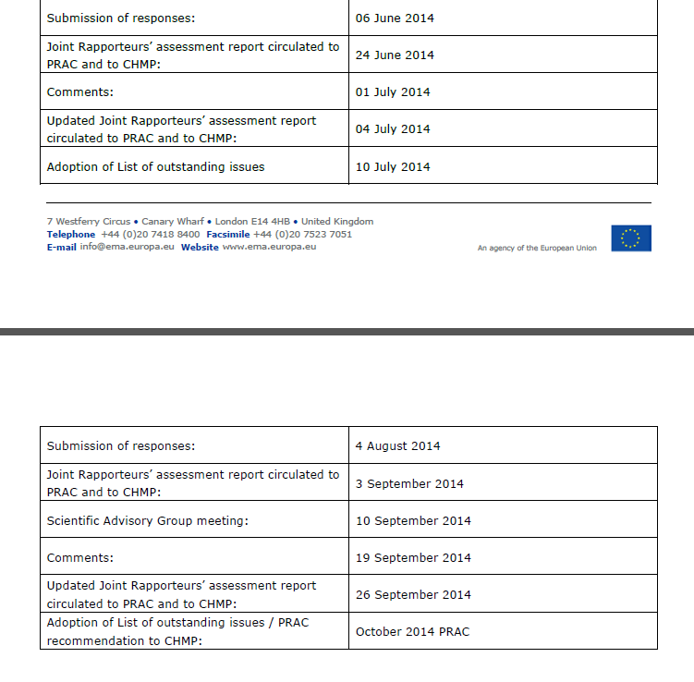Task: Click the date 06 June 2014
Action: (x=395, y=18)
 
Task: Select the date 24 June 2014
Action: (x=395, y=55)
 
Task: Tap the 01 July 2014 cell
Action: (x=393, y=92)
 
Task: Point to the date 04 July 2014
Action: (x=393, y=129)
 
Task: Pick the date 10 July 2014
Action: (x=393, y=167)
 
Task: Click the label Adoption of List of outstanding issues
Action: (x=155, y=167)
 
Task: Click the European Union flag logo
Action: (x=631, y=238)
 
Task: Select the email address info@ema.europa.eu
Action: (x=127, y=247)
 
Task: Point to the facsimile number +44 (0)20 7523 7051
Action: (x=302, y=235)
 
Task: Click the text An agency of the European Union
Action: (x=537, y=249)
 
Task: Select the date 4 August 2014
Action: (x=397, y=446)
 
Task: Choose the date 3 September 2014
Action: (x=409, y=484)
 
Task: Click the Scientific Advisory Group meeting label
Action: (x=148, y=521)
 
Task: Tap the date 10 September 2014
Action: (x=413, y=521)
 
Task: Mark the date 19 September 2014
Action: (x=413, y=558)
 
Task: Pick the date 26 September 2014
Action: (x=413, y=595)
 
